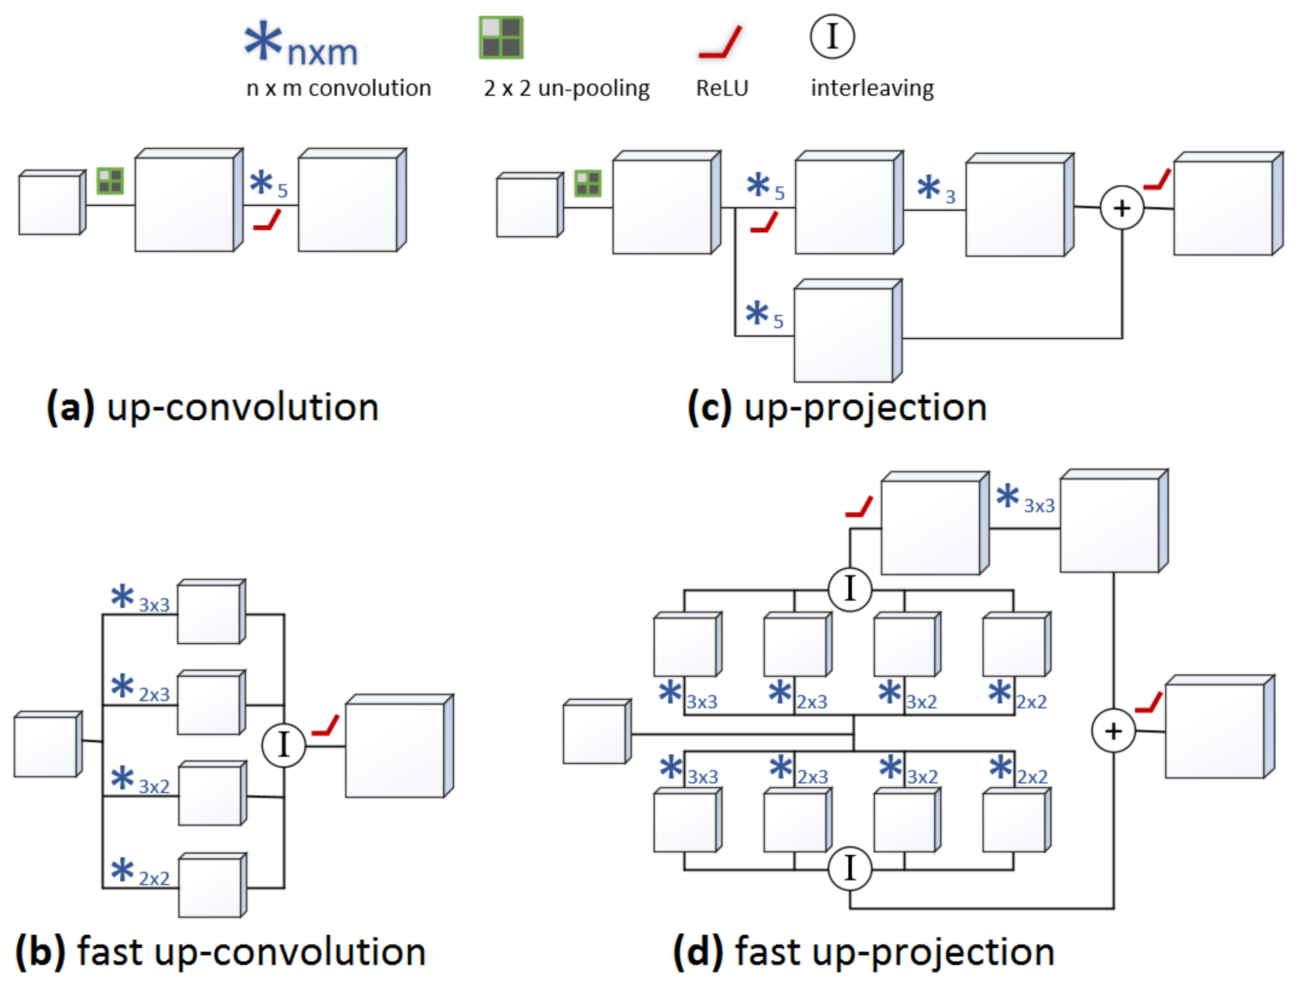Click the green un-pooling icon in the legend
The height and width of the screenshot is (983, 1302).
pyautogui.click(x=501, y=37)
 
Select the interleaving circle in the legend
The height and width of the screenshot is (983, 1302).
pyautogui.click(x=832, y=37)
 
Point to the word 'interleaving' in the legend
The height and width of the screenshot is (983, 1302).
pyautogui.click(x=872, y=88)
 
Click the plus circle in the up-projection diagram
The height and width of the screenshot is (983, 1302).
pyautogui.click(x=1122, y=208)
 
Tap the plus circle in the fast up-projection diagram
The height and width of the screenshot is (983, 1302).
pyautogui.click(x=1113, y=731)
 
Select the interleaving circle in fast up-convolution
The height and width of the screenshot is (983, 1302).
pyautogui.click(x=284, y=745)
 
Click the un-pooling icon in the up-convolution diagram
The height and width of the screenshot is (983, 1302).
pyautogui.click(x=110, y=181)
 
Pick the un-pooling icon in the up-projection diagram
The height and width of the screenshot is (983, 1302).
pyautogui.click(x=587, y=183)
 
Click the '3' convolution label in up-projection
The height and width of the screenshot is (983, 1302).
pyautogui.click(x=950, y=197)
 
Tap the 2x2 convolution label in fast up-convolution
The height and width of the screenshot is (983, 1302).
pyautogui.click(x=154, y=879)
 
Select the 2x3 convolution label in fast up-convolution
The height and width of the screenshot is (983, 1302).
pyautogui.click(x=154, y=695)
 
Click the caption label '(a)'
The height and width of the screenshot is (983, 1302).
pyautogui.click(x=70, y=407)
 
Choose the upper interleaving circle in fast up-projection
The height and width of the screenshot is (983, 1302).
pyautogui.click(x=849, y=589)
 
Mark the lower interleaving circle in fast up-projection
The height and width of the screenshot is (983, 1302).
pyautogui.click(x=849, y=869)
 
